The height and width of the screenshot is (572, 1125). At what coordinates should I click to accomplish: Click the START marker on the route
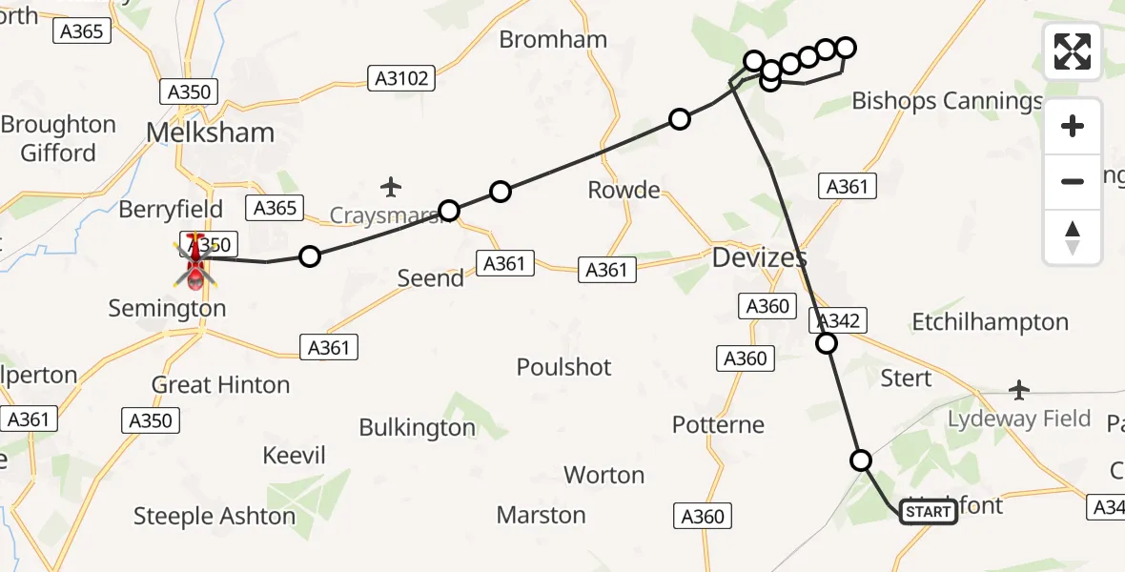pos(929,512)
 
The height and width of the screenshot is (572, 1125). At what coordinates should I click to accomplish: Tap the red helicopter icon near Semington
pos(195,260)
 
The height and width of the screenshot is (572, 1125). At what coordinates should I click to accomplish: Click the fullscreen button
pos(1073,51)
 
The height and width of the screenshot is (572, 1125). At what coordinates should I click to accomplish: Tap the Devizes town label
pos(760,257)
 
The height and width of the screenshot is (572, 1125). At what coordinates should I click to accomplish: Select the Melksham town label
pos(210,133)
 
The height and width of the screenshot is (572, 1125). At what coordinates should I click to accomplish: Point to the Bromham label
pos(553,40)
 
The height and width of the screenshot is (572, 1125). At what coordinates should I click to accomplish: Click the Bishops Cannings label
pos(947,101)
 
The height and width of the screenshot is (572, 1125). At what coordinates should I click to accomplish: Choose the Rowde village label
pos(624,190)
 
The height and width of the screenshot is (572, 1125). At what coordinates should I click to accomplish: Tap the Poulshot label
pos(564,367)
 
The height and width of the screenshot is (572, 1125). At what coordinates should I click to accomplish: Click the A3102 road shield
pos(402,78)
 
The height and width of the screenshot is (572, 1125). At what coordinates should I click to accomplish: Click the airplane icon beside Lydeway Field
pos(1019,390)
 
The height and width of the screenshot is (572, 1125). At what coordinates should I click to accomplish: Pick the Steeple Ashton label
pos(215,516)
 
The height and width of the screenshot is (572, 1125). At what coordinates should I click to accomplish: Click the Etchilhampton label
pos(990,322)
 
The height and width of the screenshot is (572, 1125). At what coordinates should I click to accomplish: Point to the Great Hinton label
pos(220,385)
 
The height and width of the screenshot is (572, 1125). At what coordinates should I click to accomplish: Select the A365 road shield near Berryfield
pos(276,208)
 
